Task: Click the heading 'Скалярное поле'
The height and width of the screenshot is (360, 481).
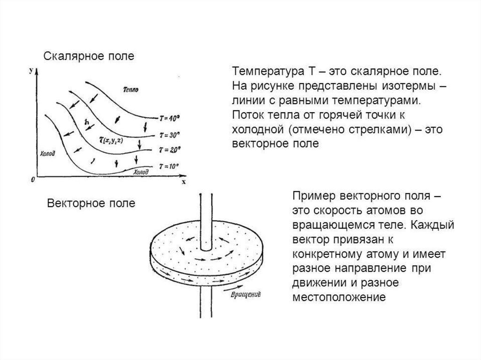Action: tap(89, 56)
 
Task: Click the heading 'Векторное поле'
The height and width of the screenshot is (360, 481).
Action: tap(91, 203)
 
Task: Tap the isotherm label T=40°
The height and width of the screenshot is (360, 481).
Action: tap(169, 118)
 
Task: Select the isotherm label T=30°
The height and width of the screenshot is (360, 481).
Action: tap(169, 135)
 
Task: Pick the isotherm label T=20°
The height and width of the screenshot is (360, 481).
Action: tap(170, 150)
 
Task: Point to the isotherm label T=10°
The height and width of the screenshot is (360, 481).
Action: tap(169, 167)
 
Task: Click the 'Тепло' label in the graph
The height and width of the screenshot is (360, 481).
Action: tap(131, 90)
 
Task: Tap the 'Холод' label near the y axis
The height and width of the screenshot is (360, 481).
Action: tap(47, 153)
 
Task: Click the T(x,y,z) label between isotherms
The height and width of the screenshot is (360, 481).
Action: tap(111, 140)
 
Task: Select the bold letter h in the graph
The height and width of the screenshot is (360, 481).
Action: tap(87, 122)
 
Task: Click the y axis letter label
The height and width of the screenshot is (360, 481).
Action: tap(31, 70)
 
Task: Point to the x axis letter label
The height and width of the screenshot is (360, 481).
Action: tap(184, 182)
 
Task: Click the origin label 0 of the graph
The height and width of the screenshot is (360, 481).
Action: tap(33, 180)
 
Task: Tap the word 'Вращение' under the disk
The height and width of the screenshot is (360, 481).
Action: tap(245, 295)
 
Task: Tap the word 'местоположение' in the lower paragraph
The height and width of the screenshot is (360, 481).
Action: tap(339, 297)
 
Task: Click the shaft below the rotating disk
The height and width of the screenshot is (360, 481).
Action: tap(206, 302)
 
